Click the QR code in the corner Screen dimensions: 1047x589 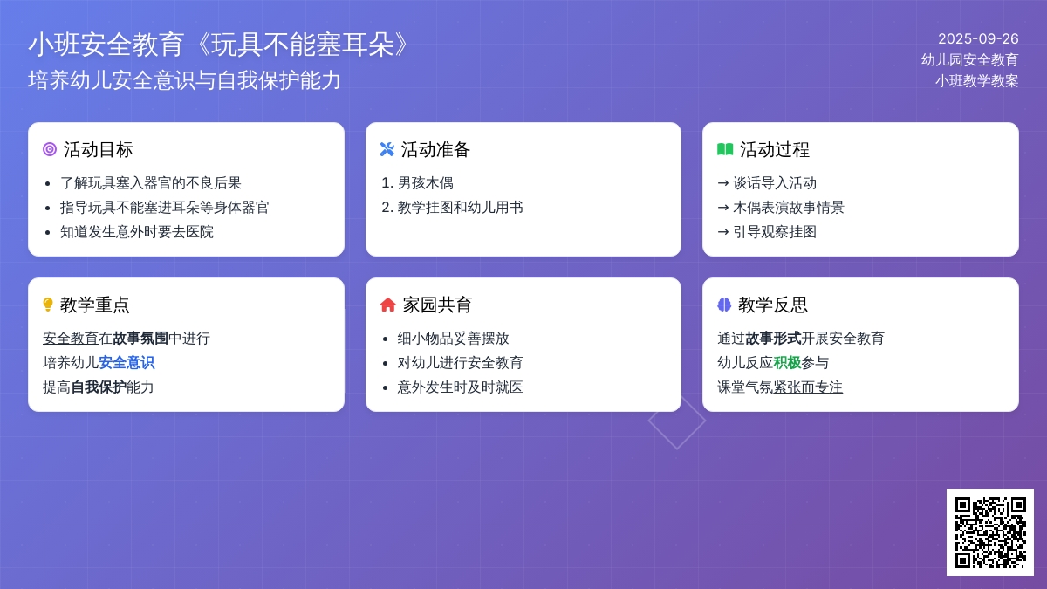click(x=990, y=532)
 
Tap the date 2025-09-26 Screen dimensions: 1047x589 click(x=978, y=38)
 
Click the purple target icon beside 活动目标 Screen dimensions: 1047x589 click(x=50, y=149)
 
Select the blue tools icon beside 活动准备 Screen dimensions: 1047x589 click(x=387, y=149)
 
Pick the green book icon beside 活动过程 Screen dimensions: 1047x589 click(x=725, y=149)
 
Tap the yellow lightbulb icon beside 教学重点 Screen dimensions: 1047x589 click(x=48, y=305)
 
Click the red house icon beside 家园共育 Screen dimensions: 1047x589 click(x=388, y=305)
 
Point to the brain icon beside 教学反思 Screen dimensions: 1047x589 click(x=724, y=305)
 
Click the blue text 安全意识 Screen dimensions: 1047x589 click(x=127, y=362)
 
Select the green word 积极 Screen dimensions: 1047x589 click(x=787, y=362)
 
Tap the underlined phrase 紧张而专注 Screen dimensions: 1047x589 click(x=808, y=387)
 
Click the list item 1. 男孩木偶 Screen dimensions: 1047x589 click(x=417, y=182)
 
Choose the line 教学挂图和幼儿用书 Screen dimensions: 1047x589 click(x=460, y=207)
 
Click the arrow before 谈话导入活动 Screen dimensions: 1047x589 click(x=723, y=182)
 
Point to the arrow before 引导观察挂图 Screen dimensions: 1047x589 click(x=723, y=232)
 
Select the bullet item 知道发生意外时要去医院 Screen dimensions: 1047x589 click(x=136, y=232)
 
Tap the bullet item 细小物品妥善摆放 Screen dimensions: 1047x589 click(x=453, y=338)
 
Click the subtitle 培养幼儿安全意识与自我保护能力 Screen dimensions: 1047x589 click(x=184, y=80)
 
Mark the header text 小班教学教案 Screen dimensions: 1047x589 click(x=977, y=81)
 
